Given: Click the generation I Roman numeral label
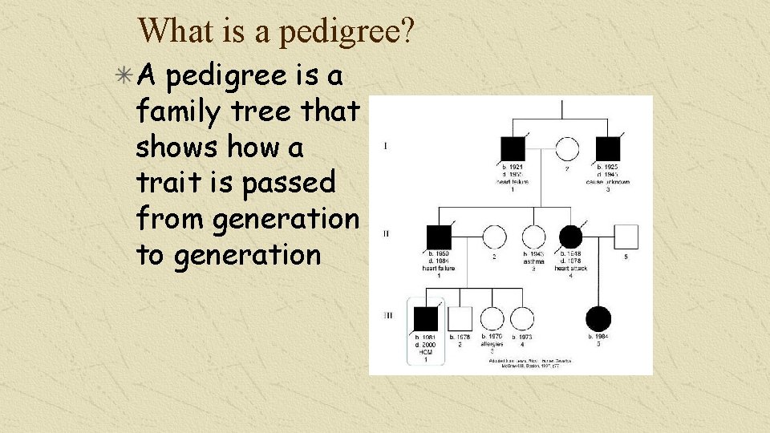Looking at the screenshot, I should (x=386, y=146).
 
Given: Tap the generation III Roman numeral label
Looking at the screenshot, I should (x=387, y=315).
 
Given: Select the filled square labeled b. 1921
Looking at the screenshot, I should (x=513, y=148).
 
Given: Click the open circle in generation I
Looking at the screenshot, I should (x=567, y=148).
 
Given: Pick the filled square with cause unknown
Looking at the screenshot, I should (x=608, y=148).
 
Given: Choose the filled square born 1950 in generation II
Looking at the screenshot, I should (x=440, y=236).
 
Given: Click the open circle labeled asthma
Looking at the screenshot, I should (x=533, y=236).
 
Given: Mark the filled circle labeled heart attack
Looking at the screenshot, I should (x=570, y=236).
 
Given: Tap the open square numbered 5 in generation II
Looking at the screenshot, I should (x=626, y=236).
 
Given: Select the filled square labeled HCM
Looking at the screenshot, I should (x=426, y=318).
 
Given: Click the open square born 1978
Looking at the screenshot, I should (x=460, y=318).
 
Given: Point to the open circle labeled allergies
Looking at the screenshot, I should (x=492, y=318).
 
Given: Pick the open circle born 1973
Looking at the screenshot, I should (x=522, y=318).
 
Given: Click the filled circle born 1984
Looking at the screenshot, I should (x=598, y=318).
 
